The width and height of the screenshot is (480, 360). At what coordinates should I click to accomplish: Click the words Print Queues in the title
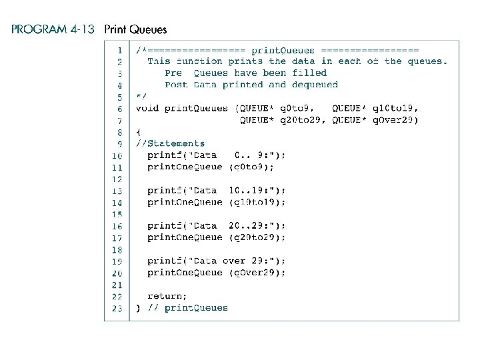[135, 29]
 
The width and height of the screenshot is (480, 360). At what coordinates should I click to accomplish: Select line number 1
[119, 50]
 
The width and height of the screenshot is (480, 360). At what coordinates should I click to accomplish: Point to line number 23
[117, 308]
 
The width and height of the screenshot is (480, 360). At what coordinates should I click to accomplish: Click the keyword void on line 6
[147, 108]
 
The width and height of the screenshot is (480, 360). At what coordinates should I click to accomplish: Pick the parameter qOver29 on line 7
[395, 120]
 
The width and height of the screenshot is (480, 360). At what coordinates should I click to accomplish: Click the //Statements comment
[170, 143]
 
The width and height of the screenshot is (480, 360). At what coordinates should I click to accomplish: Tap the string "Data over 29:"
[227, 261]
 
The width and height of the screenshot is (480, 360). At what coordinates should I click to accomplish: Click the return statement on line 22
[167, 296]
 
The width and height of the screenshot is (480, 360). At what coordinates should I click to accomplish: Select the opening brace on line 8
[138, 132]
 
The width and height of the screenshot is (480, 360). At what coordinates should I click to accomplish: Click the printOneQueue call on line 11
[185, 167]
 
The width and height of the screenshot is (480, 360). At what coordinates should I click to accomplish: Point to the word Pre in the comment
[173, 73]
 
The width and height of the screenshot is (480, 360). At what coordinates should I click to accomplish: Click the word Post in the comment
[176, 85]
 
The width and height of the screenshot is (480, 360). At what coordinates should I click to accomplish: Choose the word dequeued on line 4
[315, 85]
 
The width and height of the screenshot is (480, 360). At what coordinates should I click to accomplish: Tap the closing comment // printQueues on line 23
[187, 308]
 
